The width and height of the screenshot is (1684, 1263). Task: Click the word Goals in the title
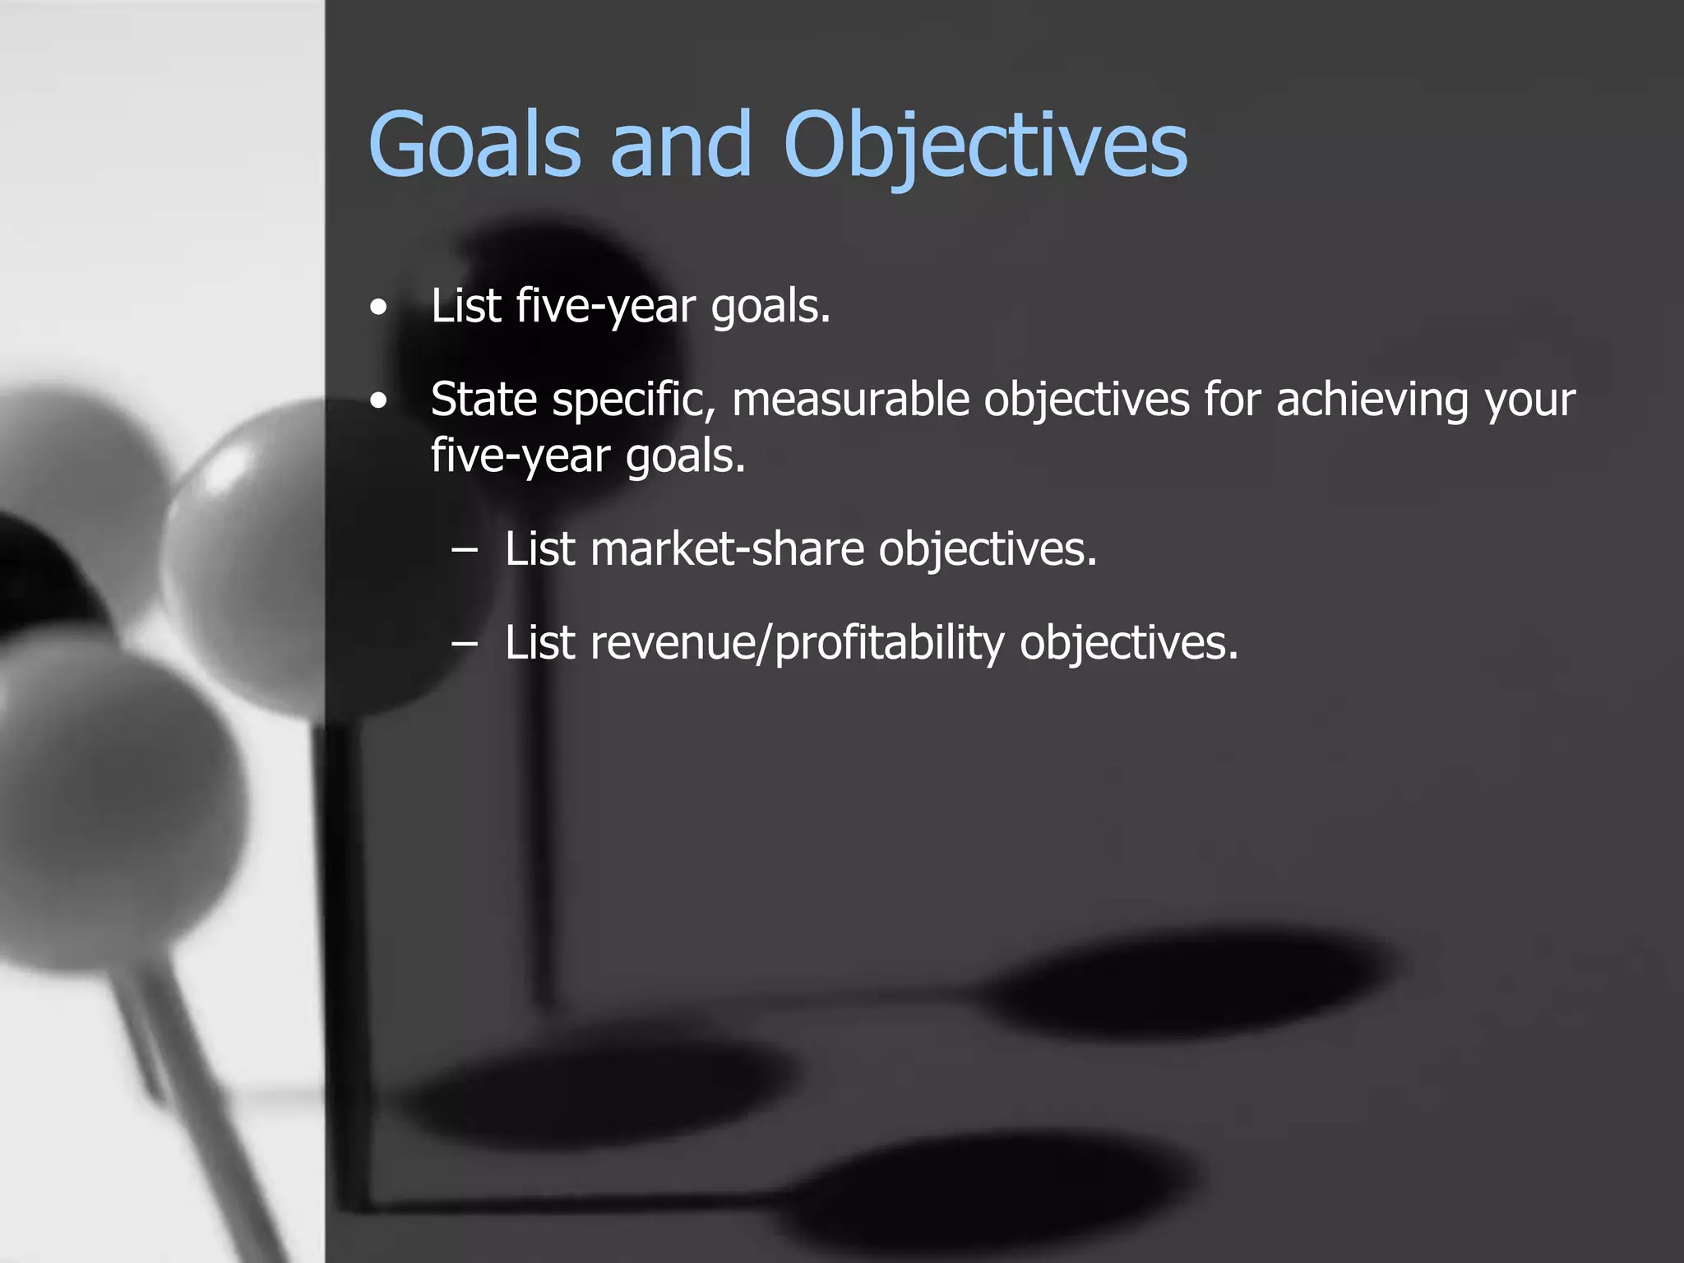(x=475, y=145)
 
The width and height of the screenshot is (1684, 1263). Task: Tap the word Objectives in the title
(x=985, y=146)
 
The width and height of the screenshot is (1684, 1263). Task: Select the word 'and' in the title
(x=681, y=145)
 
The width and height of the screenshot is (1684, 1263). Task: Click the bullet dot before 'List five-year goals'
(x=377, y=309)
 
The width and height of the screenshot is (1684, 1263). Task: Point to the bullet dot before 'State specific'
(x=377, y=402)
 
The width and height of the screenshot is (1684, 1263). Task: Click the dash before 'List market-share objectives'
(x=465, y=552)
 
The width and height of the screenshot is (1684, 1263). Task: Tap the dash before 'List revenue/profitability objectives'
(x=465, y=645)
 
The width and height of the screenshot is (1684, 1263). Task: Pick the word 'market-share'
(x=727, y=549)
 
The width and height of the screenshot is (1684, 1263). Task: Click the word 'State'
(x=483, y=400)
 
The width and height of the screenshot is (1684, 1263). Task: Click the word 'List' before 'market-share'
(x=539, y=549)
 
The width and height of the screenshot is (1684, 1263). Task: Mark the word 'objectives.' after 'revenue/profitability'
(x=1128, y=643)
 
